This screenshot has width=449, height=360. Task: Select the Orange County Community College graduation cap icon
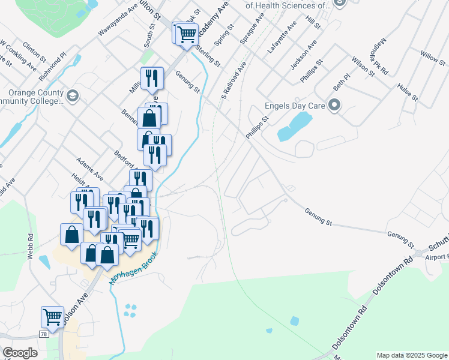pyautogui.click(x=73, y=96)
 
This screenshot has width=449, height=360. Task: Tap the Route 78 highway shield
pyautogui.click(x=43, y=333)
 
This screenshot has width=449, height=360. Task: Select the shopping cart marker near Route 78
pyautogui.click(x=52, y=316)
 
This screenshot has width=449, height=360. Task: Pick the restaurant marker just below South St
pyautogui.click(x=152, y=77)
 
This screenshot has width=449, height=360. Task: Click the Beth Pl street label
pyautogui.click(x=342, y=83)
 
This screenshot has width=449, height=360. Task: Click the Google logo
pyautogui.click(x=20, y=353)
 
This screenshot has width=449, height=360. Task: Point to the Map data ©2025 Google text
pyautogui.click(x=411, y=355)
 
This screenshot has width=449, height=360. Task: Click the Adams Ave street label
pyautogui.click(x=89, y=170)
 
